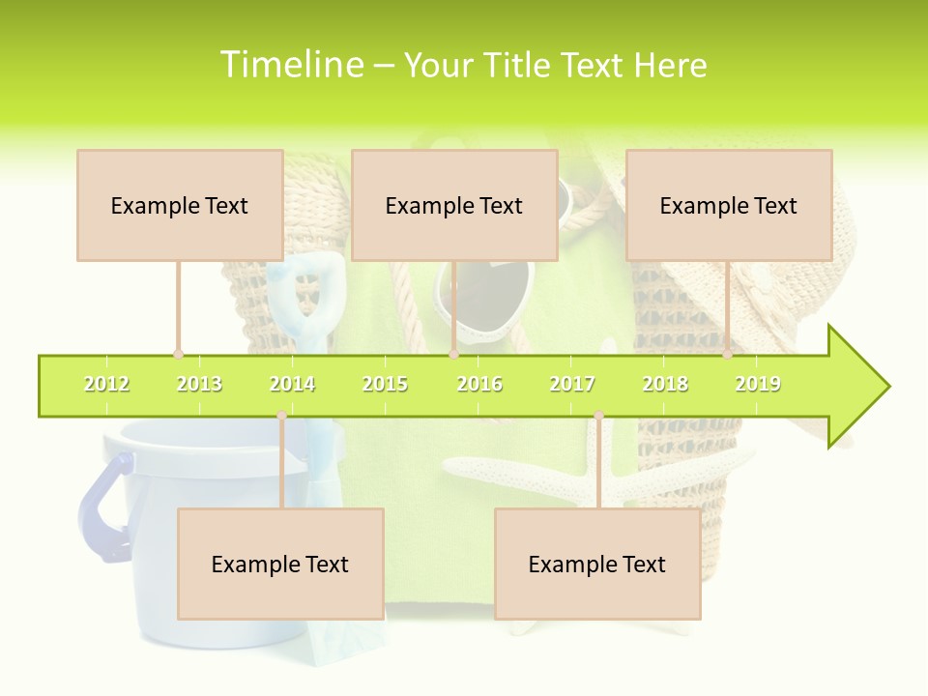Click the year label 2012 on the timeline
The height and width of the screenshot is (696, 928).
pos(106,384)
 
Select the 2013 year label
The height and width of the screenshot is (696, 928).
pos(199,384)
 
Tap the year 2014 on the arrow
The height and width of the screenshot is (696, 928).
pos(292,384)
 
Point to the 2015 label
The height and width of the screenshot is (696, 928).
pos(385,384)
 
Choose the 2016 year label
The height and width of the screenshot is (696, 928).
pos(479,384)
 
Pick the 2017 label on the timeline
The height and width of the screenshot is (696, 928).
pos(572,384)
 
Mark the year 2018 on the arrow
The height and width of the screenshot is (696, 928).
pos(665,384)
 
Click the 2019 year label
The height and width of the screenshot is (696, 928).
pos(758,384)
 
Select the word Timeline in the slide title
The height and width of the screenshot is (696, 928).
pos(291,65)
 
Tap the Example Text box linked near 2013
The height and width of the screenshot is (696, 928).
pos(180,205)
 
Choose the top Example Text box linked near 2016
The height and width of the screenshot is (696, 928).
pos(454,205)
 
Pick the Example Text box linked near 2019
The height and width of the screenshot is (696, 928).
pos(729,205)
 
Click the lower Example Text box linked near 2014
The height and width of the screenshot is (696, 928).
pos(280,564)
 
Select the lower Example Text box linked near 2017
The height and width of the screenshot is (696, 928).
pos(597,564)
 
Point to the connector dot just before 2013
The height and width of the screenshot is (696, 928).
pos(178,355)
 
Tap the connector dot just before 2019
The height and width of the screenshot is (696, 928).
pos(728,355)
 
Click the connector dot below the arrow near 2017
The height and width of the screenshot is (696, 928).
pos(598,416)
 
